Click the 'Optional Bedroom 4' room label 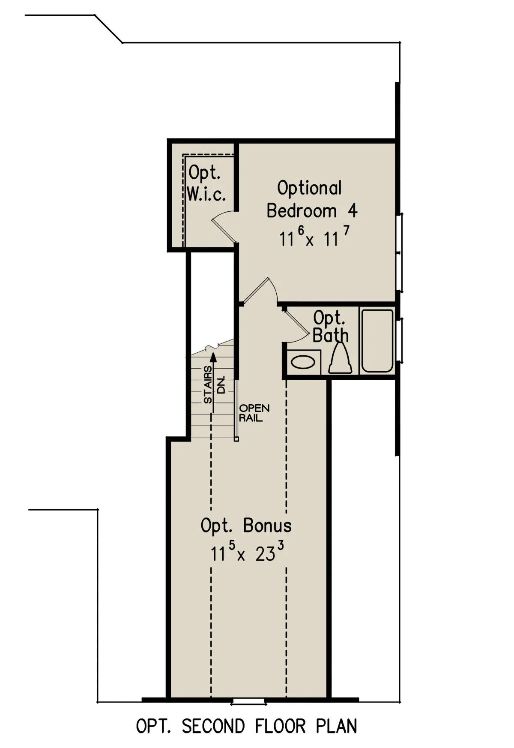pyautogui.click(x=311, y=199)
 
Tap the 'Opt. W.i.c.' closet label pyautogui.click(x=206, y=183)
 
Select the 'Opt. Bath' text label pyautogui.click(x=330, y=327)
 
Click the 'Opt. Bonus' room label pyautogui.click(x=246, y=526)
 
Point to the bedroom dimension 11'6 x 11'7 pyautogui.click(x=314, y=237)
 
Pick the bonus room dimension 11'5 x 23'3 pyautogui.click(x=247, y=551)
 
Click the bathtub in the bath pyautogui.click(x=377, y=341)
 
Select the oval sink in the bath pyautogui.click(x=303, y=363)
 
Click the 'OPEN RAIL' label pyautogui.click(x=254, y=413)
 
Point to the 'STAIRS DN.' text pyautogui.click(x=214, y=385)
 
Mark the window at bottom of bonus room pyautogui.click(x=249, y=702)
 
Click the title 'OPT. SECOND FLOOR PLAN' pyautogui.click(x=246, y=726)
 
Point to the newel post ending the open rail pyautogui.click(x=236, y=439)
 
